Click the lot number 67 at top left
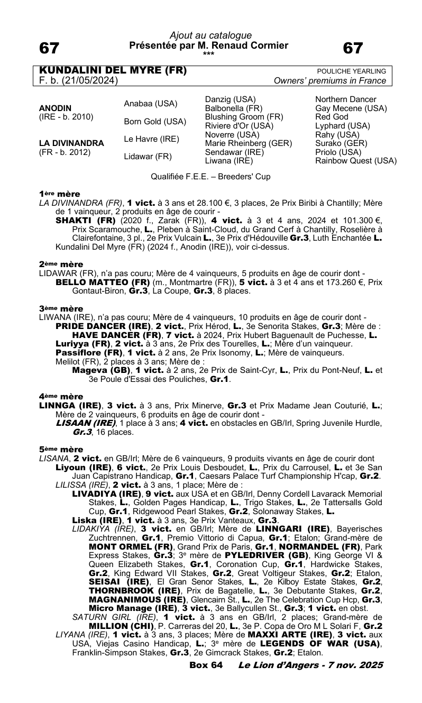(x=49, y=49)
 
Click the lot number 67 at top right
(x=353, y=49)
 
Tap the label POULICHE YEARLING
(x=351, y=71)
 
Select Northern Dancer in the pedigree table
(x=346, y=99)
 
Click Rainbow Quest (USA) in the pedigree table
(x=356, y=161)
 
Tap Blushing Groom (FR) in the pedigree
(x=244, y=117)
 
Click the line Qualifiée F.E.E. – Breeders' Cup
(x=210, y=177)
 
